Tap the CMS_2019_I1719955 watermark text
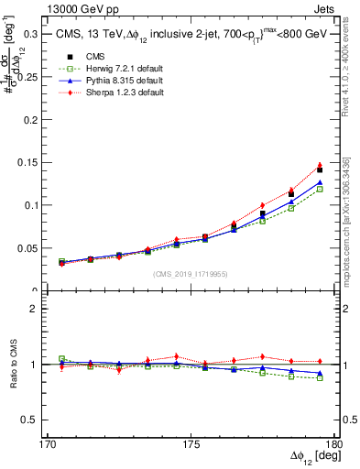pos(191,274)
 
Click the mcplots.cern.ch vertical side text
pos(345,220)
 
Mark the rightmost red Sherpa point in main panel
pos(320,165)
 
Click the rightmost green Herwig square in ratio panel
pos(320,377)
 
